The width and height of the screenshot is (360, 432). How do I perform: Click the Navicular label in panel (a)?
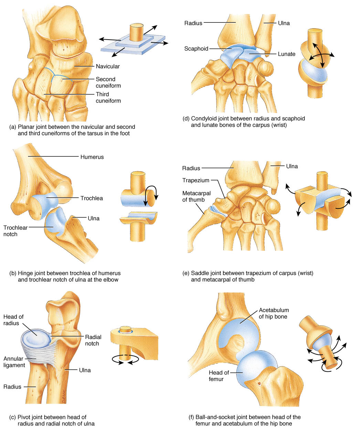pos(108,66)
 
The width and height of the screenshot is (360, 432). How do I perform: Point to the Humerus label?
pos(92,157)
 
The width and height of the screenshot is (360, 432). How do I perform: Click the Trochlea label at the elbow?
pos(92,198)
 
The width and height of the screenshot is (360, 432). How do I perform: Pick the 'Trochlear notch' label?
pos(15,231)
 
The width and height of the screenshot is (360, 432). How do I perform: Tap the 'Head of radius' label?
pos(13,320)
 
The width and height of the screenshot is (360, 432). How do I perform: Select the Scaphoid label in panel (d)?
pos(196,49)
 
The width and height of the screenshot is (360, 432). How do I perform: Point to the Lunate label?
pos(287,54)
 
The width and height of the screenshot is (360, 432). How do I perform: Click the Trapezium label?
pos(195,180)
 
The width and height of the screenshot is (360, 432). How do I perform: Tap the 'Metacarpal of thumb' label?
pos(196,196)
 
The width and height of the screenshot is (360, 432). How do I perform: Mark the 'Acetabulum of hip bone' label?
pos(274,313)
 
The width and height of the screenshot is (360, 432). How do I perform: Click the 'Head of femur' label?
pos(219,376)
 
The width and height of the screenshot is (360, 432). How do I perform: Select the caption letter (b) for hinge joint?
pos(13,274)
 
